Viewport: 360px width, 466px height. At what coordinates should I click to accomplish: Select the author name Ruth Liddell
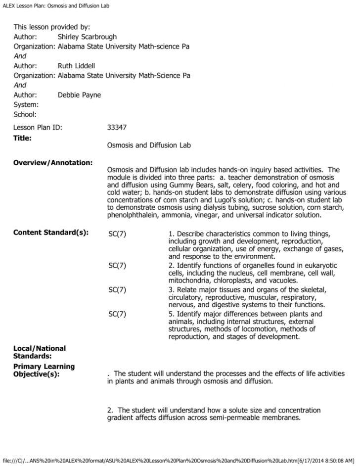pos(77,66)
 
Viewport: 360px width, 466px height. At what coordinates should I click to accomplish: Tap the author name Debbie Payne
pos(79,95)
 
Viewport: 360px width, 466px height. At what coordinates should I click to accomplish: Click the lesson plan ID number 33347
pos(117,128)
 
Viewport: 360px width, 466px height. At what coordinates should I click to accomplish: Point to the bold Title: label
pos(22,138)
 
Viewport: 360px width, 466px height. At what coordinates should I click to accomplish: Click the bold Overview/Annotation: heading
pos(53,162)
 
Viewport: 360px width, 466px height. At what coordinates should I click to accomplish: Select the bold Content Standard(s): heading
pos(51,233)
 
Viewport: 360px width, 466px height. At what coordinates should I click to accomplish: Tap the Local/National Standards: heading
pos(39,352)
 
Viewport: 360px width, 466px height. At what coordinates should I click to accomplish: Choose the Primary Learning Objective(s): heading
pos(44,370)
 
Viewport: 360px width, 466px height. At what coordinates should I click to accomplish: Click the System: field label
pos(26,104)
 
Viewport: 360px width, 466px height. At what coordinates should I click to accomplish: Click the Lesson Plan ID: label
pos(38,128)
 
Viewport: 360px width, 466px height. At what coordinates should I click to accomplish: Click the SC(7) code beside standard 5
pos(117,314)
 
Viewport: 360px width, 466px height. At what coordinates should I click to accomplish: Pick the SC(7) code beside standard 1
pos(117,233)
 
